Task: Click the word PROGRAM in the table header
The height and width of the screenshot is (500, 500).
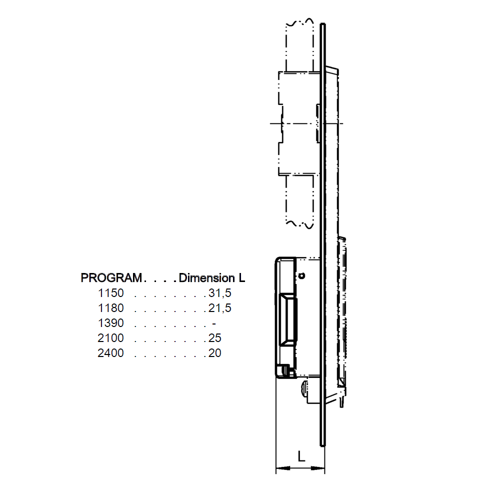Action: (x=111, y=277)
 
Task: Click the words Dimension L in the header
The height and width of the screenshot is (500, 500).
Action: (x=212, y=277)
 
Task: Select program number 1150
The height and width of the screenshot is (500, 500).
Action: (x=111, y=292)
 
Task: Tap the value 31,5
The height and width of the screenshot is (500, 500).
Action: (x=220, y=292)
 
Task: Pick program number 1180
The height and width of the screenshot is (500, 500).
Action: (x=111, y=307)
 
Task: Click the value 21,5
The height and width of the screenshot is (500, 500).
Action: (x=220, y=307)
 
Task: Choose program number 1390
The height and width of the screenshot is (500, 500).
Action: (x=111, y=323)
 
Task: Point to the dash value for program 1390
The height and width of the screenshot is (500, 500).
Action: (x=213, y=323)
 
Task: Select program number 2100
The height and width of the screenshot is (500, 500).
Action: (x=111, y=338)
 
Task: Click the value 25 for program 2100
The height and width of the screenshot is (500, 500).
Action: (x=215, y=338)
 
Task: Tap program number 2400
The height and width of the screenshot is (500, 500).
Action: (x=111, y=353)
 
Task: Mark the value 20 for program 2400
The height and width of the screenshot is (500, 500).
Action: (x=215, y=353)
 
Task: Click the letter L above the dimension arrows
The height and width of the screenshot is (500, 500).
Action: (x=301, y=456)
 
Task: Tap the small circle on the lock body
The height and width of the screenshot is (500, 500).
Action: (x=301, y=275)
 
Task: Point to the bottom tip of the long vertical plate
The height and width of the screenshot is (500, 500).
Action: (x=322, y=444)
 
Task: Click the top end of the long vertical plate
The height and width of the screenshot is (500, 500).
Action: (x=323, y=24)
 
